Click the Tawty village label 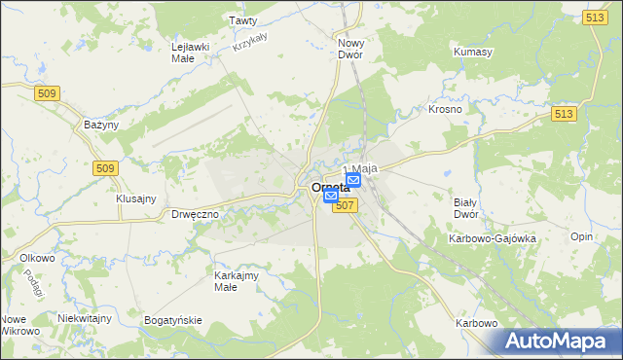coord(242,19)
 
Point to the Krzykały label coord(251,38)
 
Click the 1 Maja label coord(359,168)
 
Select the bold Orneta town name coord(330,188)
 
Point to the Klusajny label coord(136,198)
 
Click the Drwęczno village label coord(194,214)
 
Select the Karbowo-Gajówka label coord(492,238)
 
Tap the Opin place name coord(581,237)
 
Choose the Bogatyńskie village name coord(172,320)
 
